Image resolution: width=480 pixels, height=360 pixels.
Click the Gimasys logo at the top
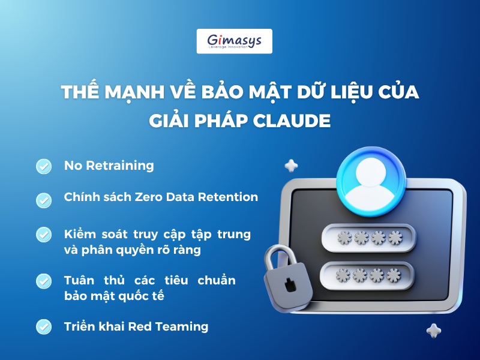[x=234, y=41]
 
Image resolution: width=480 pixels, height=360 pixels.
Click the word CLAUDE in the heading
[x=292, y=121]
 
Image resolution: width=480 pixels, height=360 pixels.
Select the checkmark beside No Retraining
[x=44, y=166]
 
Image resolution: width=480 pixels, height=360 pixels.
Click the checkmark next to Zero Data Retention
[x=44, y=200]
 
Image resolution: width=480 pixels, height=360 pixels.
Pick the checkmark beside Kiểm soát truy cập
[x=44, y=235]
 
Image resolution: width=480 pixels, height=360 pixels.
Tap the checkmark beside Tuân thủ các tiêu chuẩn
[x=44, y=281]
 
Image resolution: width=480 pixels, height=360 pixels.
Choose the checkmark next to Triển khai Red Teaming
[x=44, y=326]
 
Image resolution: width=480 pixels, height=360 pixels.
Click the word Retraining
[x=119, y=166]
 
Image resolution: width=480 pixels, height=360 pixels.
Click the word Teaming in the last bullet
[x=182, y=326]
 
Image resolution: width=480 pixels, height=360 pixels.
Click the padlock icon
[x=287, y=278]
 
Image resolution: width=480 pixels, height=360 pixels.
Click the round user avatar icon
[x=371, y=182]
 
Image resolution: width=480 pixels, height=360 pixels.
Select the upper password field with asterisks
[x=368, y=238]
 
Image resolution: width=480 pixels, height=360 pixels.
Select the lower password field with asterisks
[x=367, y=275]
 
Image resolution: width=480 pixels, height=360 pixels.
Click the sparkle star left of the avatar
[x=291, y=166]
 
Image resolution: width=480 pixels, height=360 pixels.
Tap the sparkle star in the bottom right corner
[x=434, y=331]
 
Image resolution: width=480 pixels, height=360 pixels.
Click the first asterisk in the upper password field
[x=344, y=238]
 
